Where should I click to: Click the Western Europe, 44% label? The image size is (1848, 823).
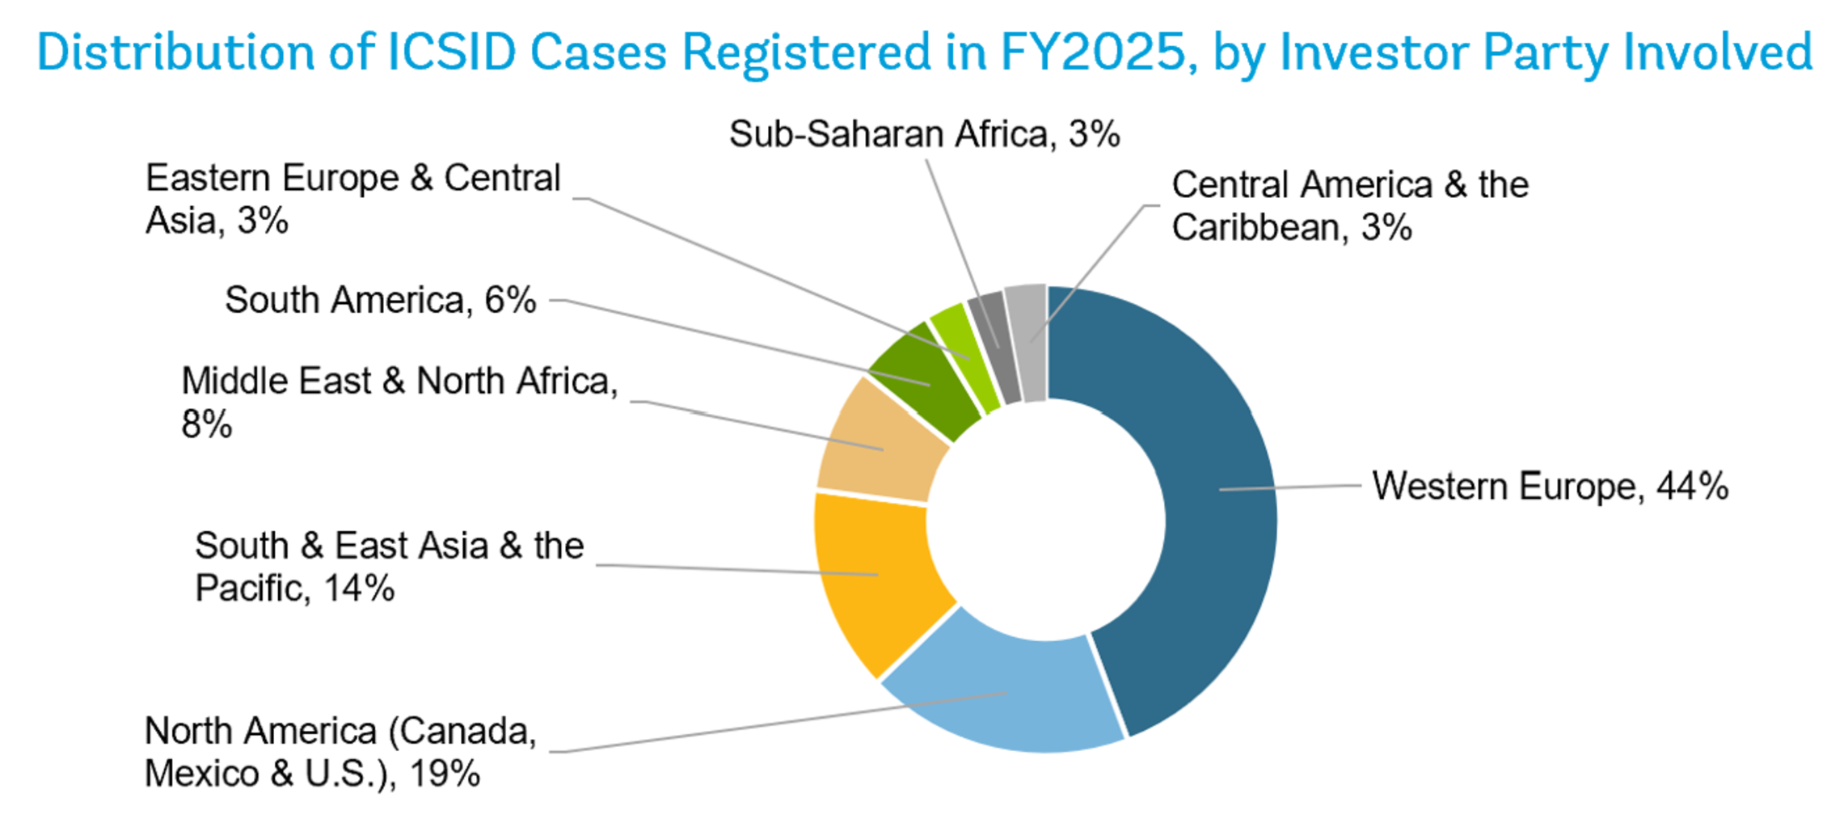click(1550, 487)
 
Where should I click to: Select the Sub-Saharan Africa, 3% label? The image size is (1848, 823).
click(924, 134)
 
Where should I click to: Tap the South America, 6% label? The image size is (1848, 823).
click(380, 300)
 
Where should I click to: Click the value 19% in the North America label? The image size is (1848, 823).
click(445, 774)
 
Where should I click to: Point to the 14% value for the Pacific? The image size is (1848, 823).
click(359, 588)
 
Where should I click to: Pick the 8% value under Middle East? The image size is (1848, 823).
click(207, 424)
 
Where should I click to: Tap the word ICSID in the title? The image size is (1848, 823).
click(452, 53)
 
